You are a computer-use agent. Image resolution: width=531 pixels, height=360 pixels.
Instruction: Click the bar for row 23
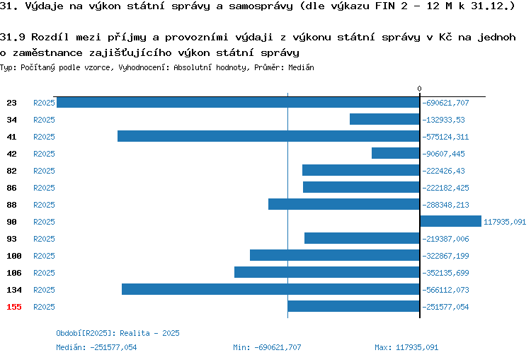pyautogui.click(x=238, y=102)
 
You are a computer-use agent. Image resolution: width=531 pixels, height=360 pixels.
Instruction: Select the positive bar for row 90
pyautogui.click(x=451, y=221)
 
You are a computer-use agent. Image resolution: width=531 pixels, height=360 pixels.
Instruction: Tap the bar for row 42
pyautogui.click(x=396, y=153)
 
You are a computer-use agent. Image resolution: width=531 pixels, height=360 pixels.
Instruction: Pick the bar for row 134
pyautogui.click(x=271, y=289)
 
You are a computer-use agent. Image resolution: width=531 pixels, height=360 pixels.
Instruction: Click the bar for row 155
pyautogui.click(x=353, y=306)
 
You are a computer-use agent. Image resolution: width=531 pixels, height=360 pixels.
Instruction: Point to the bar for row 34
pyautogui.click(x=384, y=119)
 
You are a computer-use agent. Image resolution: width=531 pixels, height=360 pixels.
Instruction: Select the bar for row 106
pyautogui.click(x=327, y=272)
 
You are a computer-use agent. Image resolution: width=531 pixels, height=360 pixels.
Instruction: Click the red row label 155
pyautogui.click(x=14, y=307)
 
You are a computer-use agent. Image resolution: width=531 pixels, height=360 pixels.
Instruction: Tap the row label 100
pyautogui.click(x=14, y=256)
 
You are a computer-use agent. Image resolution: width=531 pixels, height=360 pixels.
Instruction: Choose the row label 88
pyautogui.click(x=11, y=205)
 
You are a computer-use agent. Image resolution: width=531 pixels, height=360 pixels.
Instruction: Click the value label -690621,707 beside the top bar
pyautogui.click(x=445, y=103)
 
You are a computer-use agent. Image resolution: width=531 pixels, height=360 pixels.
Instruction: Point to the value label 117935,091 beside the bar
pyautogui.click(x=505, y=222)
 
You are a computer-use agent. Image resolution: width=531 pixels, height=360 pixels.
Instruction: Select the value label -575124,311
pyautogui.click(x=445, y=137)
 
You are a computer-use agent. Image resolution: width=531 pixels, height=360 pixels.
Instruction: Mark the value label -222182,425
pyautogui.click(x=445, y=188)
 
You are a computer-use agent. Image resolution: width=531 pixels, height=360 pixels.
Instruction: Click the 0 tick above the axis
pyautogui.click(x=420, y=89)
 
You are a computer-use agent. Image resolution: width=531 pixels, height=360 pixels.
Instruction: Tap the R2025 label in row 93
pyautogui.click(x=44, y=239)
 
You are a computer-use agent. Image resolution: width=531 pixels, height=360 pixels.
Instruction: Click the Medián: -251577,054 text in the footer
pyautogui.click(x=96, y=347)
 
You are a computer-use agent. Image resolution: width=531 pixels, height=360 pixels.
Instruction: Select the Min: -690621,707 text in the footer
pyautogui.click(x=267, y=347)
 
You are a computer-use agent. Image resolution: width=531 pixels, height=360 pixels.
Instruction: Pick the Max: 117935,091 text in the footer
pyautogui.click(x=406, y=347)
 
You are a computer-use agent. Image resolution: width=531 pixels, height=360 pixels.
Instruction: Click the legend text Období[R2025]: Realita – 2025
pyautogui.click(x=118, y=333)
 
